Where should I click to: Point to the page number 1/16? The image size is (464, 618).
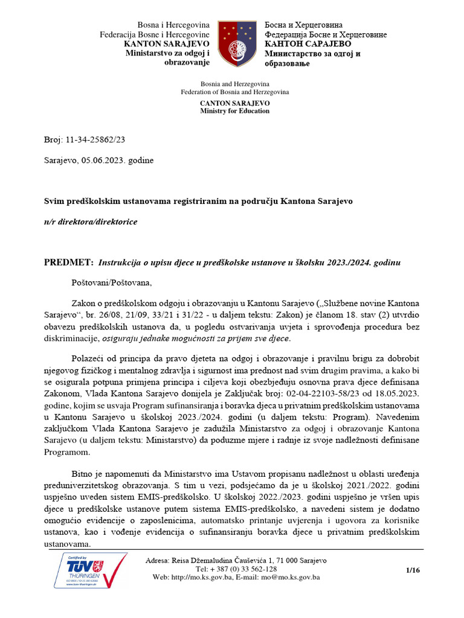[413, 569]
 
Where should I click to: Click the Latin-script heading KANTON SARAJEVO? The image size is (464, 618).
[167, 44]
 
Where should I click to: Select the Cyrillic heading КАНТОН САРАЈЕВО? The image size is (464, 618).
[308, 44]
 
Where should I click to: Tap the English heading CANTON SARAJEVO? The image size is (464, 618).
[235, 103]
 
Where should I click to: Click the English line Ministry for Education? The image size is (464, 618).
[235, 111]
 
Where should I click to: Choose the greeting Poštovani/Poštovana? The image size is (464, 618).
[112, 282]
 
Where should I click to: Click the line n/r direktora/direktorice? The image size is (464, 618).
[91, 221]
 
